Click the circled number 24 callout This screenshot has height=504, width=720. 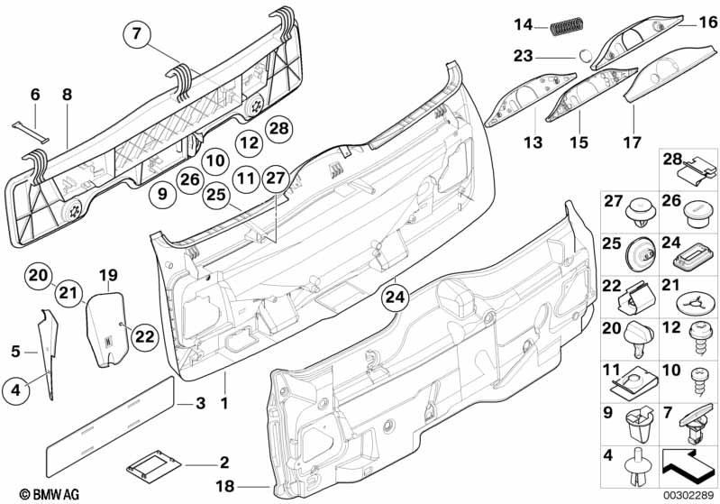pos(395,298)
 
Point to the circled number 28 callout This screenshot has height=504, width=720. pos(279,128)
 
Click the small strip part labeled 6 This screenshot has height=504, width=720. pos(31,132)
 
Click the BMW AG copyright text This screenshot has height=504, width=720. pos(50,494)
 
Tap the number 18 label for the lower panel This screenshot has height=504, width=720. pos(225,486)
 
